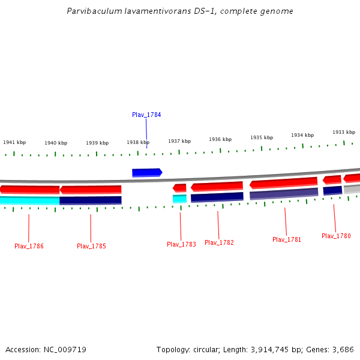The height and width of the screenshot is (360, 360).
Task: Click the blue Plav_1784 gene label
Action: coord(146,115)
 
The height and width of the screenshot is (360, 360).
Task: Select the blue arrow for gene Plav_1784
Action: coord(147,173)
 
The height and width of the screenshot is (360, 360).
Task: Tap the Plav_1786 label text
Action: coord(29,246)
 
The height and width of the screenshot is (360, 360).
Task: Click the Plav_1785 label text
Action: coord(91,246)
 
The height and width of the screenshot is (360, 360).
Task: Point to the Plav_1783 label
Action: coord(181,244)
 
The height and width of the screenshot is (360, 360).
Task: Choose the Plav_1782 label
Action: coord(219,242)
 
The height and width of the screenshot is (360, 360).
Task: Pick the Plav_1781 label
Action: coord(287,239)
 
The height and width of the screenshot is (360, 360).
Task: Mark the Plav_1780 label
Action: coord(336,236)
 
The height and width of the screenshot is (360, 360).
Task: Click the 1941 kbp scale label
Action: coord(14,143)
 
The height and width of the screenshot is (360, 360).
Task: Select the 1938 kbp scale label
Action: coord(138,143)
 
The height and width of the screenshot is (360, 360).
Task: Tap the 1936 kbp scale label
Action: coord(220,139)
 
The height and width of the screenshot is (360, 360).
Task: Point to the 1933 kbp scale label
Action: coord(344,132)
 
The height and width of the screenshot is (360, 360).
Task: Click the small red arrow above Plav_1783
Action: coord(179,188)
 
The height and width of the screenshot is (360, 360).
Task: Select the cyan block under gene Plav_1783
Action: coord(179,199)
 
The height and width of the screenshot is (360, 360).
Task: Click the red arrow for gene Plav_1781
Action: coord(283,182)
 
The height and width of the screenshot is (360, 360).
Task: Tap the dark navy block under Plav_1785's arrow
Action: coord(91,200)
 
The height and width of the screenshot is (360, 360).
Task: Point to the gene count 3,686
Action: coord(343,349)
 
